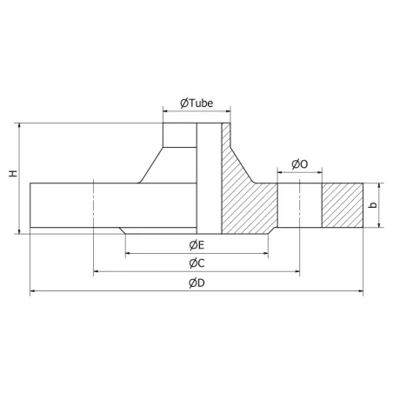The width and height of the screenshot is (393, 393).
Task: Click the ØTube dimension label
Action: click(x=196, y=103)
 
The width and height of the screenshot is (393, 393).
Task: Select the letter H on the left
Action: click(x=11, y=175)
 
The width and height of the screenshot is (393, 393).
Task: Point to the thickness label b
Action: click(x=373, y=206)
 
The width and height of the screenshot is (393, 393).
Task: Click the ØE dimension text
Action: click(x=196, y=244)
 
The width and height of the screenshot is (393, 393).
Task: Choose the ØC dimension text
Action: click(x=196, y=263)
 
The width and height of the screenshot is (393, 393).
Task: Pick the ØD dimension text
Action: click(x=196, y=283)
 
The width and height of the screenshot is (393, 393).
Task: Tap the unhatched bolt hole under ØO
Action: click(x=300, y=206)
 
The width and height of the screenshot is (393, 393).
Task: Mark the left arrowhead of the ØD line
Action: click(x=33, y=291)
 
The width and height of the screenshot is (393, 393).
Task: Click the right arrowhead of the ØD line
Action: click(x=361, y=291)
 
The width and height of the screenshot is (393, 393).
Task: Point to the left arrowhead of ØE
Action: click(x=129, y=253)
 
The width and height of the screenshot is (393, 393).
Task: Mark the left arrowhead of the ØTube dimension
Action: click(x=166, y=110)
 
